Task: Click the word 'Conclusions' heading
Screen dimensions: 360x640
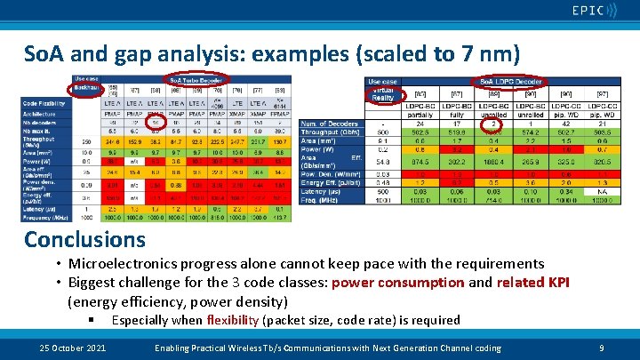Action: pos(84,239)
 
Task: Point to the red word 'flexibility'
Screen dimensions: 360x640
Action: pos(235,320)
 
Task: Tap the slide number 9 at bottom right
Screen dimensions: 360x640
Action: pos(602,348)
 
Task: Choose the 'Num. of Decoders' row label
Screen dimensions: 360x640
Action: pos(327,123)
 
